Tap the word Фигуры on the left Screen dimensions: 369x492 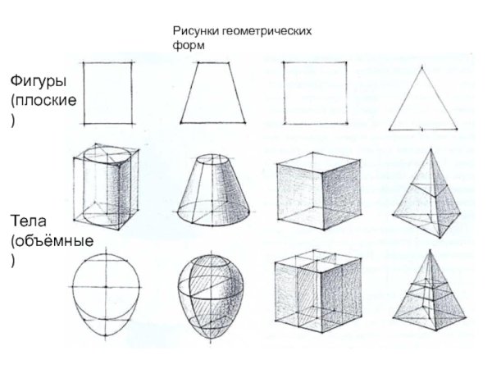(x=38, y=82)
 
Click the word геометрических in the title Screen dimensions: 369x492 (x=264, y=30)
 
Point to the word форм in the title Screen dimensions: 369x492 (x=188, y=44)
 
